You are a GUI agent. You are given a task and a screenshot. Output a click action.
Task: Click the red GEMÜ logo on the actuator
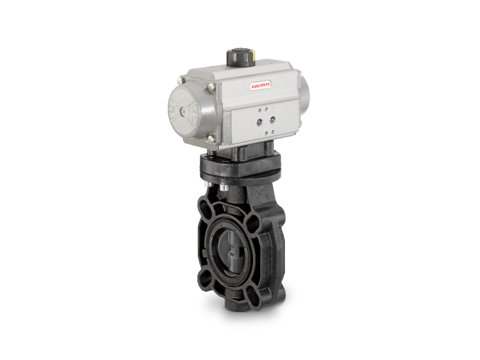[x=260, y=86]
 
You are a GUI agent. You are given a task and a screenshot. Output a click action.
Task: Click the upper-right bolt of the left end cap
[x=211, y=87]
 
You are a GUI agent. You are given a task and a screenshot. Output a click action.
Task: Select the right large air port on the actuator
[x=272, y=119]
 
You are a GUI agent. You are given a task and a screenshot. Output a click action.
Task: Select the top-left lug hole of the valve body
[x=205, y=205]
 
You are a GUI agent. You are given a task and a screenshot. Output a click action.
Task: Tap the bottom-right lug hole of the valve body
[x=254, y=296]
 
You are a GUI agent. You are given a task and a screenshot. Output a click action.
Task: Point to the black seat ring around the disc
[x=216, y=250]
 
